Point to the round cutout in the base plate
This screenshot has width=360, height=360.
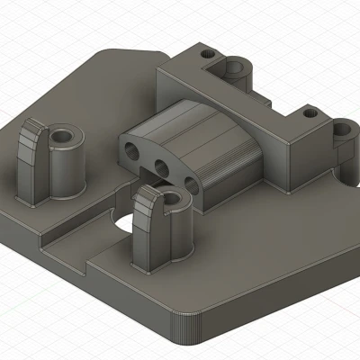coord(118,222)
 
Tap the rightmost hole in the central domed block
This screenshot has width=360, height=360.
coord(191,184)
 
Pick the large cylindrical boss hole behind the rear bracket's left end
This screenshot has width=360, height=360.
coord(236,67)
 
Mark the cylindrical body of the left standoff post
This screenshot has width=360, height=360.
coord(65,171)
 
